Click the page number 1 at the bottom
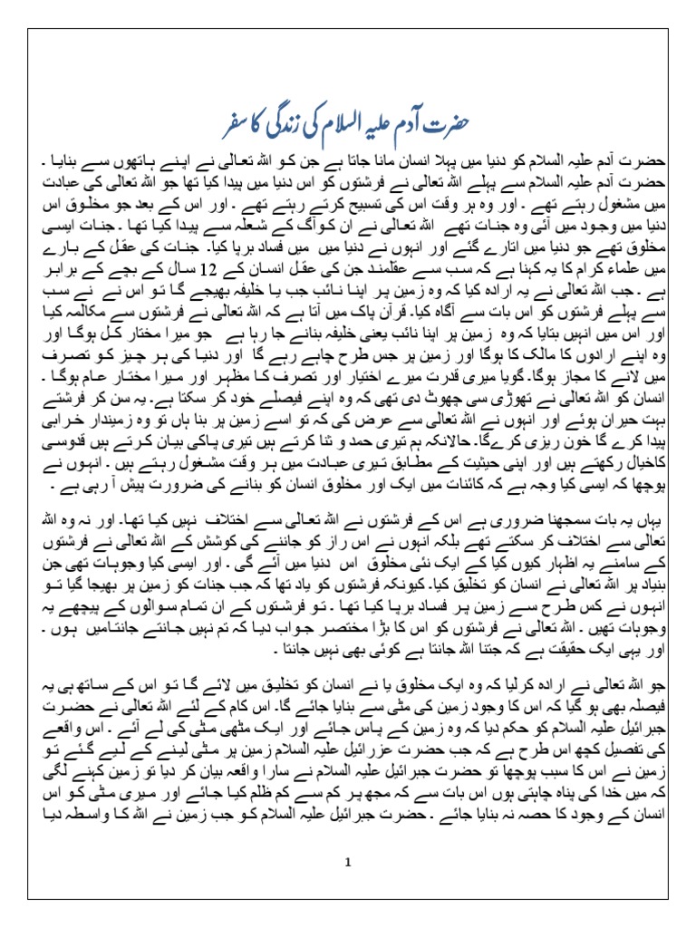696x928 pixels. click(347, 862)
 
